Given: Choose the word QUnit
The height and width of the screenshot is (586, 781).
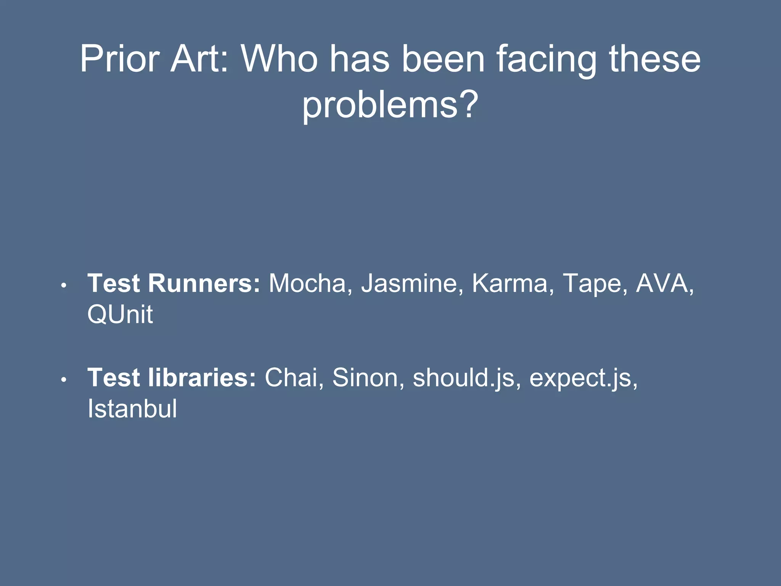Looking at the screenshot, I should point(120,315).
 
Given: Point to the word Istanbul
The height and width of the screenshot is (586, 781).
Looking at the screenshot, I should point(132,409).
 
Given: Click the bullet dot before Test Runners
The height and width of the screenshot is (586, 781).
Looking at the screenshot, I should point(64,285).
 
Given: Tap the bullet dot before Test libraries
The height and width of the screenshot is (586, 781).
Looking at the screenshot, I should point(64,380).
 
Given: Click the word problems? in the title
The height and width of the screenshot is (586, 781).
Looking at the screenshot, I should point(390,105).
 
